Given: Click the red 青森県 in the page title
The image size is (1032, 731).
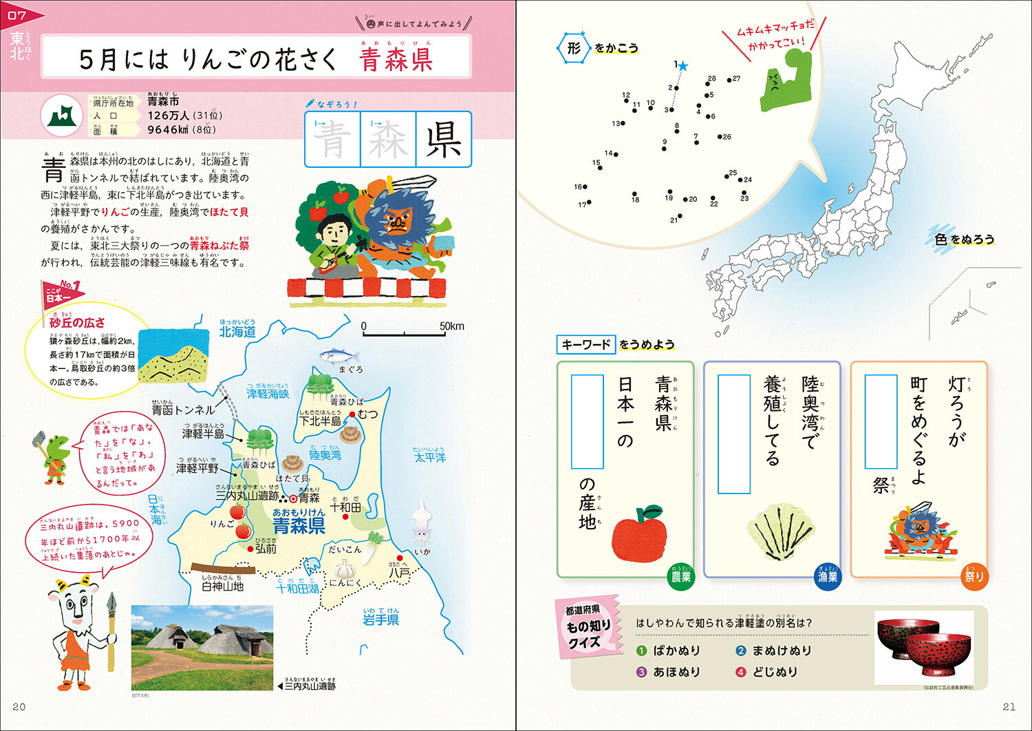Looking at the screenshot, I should pos(396,59).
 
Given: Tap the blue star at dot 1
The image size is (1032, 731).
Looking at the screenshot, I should pos(682,67).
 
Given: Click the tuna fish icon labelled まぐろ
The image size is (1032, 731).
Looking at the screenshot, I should pos(340,355).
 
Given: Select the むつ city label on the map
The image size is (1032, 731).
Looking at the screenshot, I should pos(367,414).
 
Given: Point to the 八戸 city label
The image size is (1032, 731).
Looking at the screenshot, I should pos(399,571).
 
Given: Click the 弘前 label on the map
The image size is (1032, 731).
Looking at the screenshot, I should pos(266,549).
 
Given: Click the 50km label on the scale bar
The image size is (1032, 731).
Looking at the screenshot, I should pos(452,326).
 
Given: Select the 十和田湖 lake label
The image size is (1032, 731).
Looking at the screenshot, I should pos(297,589).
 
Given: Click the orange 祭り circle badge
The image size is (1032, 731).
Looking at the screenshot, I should pos(974,576).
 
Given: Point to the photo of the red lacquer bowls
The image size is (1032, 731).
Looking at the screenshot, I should pos(924,647).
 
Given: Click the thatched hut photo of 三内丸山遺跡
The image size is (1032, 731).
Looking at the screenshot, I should pos(202,647).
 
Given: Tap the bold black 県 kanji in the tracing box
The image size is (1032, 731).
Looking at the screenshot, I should pos(444,140).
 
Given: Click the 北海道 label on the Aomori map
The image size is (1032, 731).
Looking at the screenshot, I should pos(237,332).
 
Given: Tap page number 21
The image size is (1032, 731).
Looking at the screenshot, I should pos(1009,707).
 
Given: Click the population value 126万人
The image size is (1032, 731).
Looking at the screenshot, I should pos(169,116).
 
